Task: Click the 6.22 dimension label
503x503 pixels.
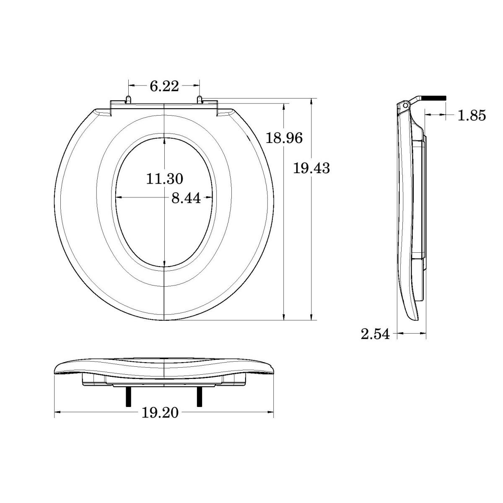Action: point(164,86)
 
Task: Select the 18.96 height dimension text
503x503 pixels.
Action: point(284,137)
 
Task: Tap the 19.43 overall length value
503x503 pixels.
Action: point(311,169)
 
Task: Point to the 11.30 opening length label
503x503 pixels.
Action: point(164,179)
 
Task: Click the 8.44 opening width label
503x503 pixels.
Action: point(186,198)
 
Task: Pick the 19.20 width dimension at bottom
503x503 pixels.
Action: point(160,413)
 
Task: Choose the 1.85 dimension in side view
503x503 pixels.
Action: point(472,115)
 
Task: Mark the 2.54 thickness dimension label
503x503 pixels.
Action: point(375,334)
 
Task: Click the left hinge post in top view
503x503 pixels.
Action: point(128,99)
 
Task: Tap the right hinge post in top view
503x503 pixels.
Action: point(200,99)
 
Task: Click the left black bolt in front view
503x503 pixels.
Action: point(127,396)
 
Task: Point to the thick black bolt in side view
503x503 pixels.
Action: point(434,98)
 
